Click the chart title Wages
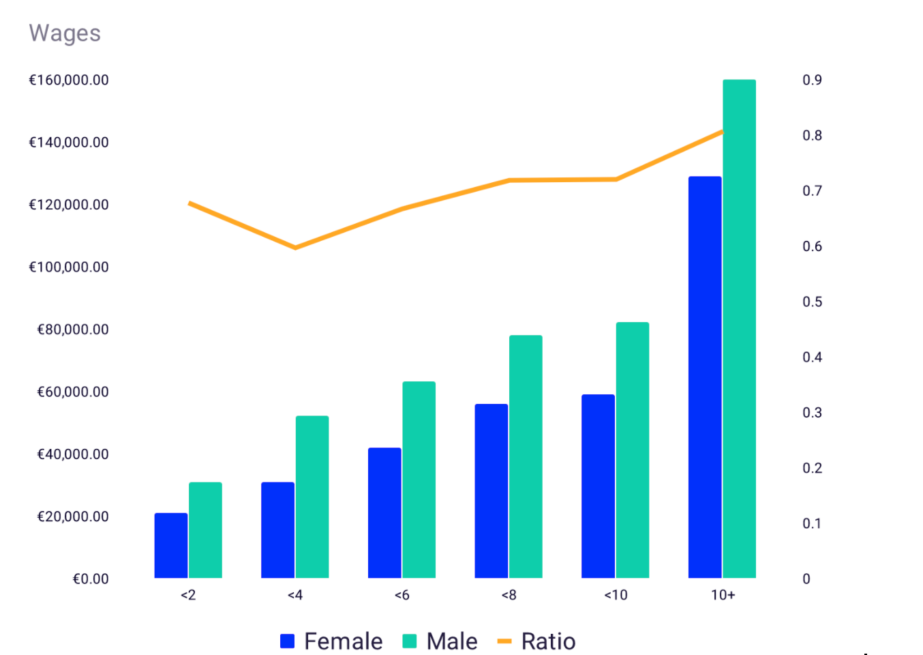65,33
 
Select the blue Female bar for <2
171,546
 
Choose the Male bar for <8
526,456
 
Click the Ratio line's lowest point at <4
295,248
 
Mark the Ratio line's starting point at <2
190,203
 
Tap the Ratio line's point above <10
616,179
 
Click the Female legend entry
332,641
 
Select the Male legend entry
440,641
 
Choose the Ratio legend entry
537,641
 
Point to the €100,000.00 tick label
69,267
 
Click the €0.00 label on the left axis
91,579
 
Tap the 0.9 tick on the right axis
812,80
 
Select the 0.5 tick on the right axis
812,302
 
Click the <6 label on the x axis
402,595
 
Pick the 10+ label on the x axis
723,595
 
